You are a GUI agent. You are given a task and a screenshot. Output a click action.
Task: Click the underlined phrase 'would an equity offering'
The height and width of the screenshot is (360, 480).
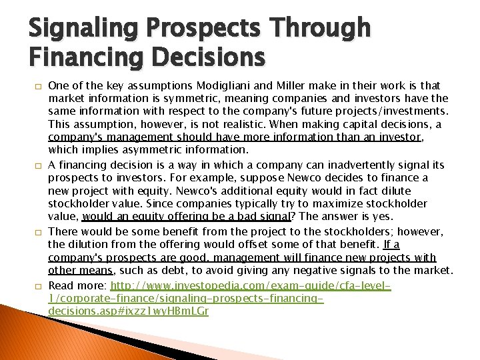click(136, 217)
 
